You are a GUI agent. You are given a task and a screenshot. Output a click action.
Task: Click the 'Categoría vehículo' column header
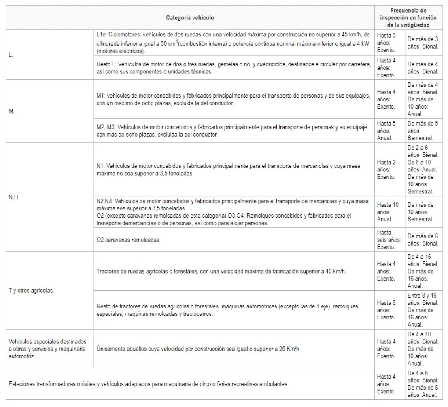(x=190, y=17)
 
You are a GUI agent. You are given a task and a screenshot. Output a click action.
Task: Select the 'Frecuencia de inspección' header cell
(x=408, y=17)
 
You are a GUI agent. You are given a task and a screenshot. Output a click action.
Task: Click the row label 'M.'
(x=11, y=111)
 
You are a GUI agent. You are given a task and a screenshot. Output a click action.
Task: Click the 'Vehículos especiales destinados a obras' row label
(x=47, y=348)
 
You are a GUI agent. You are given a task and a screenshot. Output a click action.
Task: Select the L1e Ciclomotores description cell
(x=234, y=43)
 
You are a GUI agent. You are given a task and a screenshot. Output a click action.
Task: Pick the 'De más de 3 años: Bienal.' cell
(x=423, y=43)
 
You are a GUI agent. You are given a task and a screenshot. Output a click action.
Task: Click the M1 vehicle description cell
(x=234, y=99)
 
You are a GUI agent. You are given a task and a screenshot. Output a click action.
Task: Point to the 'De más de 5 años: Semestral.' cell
(x=423, y=131)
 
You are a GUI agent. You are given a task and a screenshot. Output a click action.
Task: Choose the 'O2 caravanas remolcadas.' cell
(x=129, y=240)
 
